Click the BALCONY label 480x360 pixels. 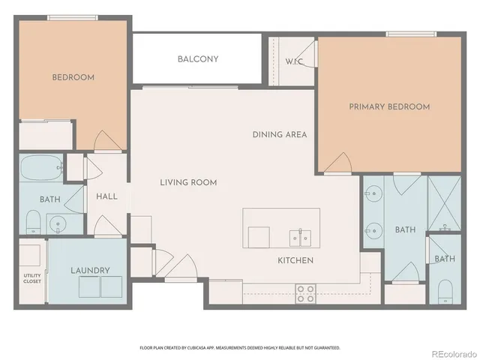tap(198, 59)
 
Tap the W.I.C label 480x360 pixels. tap(294, 61)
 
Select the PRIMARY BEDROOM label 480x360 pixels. tap(389, 106)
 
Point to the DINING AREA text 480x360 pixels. tap(280, 135)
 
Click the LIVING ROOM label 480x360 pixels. tap(188, 182)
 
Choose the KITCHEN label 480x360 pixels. tap(295, 260)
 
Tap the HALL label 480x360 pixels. tap(107, 196)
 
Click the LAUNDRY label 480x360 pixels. tap(91, 270)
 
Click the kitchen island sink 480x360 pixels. tap(301, 238)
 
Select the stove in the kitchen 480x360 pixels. tap(305, 293)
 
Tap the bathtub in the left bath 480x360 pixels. tap(41, 167)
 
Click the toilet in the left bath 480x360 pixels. tap(32, 221)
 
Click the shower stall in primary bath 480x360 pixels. tap(443, 202)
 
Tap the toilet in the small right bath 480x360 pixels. tap(444, 290)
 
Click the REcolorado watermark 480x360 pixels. tap(453, 352)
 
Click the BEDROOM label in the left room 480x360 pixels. tap(73, 77)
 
